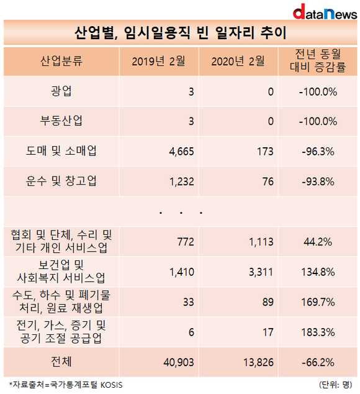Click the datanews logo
click(325, 12)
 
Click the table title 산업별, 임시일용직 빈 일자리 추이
click(180, 33)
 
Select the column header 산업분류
click(61, 61)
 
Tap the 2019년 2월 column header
click(158, 61)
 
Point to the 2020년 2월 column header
click(238, 61)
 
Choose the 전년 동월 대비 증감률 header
click(318, 60)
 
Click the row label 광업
click(61, 91)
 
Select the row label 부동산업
click(61, 121)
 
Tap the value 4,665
click(181, 152)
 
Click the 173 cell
click(265, 152)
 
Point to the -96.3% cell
click(318, 152)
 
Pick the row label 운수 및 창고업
click(61, 181)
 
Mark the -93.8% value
click(318, 181)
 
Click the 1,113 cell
click(261, 242)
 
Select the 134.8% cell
click(318, 272)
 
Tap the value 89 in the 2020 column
click(268, 302)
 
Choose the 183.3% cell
click(318, 332)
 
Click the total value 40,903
click(179, 362)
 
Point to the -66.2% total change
click(318, 362)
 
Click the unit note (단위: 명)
click(336, 385)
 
